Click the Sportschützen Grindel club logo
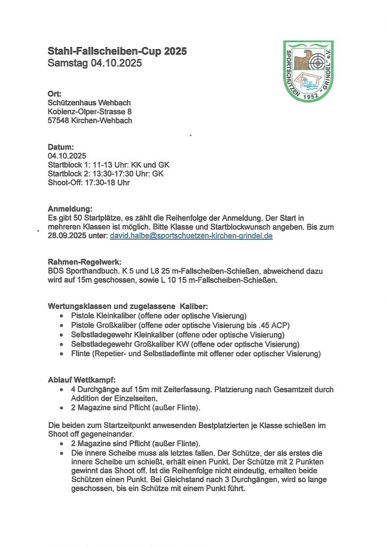pyautogui.click(x=309, y=71)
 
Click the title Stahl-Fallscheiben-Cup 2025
pyautogui.click(x=117, y=51)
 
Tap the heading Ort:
pyautogui.click(x=55, y=93)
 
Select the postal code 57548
pyautogui.click(x=59, y=121)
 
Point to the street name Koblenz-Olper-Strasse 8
pyautogui.click(x=90, y=112)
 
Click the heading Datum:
pyautogui.click(x=61, y=146)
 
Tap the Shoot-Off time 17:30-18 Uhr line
pyautogui.click(x=89, y=183)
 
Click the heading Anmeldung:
pyautogui.click(x=70, y=208)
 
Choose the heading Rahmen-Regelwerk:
pyautogui.click(x=84, y=262)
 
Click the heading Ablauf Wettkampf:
pyautogui.click(x=82, y=380)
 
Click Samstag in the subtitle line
pyautogui.click(x=67, y=63)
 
